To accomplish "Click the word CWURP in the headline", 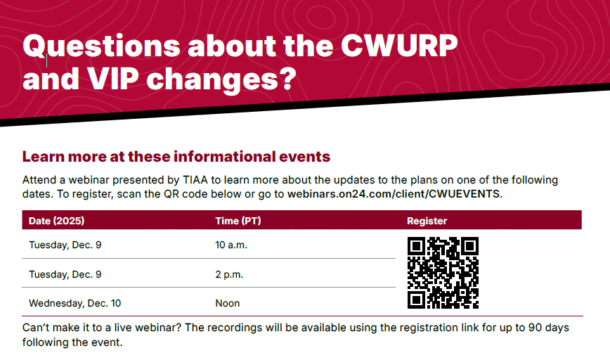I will (399, 46).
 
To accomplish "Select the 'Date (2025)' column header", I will (56, 221).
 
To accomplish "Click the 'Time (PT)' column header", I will (238, 221).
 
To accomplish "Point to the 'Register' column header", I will (427, 221).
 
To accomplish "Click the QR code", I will (443, 273).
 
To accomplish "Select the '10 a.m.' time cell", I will (231, 245).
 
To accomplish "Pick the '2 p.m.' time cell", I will (229, 274).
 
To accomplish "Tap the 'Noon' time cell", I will (227, 303).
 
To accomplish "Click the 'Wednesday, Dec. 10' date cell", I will (74, 303).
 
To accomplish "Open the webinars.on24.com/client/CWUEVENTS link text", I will (394, 194).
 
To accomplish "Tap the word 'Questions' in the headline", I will (100, 46).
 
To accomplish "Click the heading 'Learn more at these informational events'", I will (176, 156).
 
